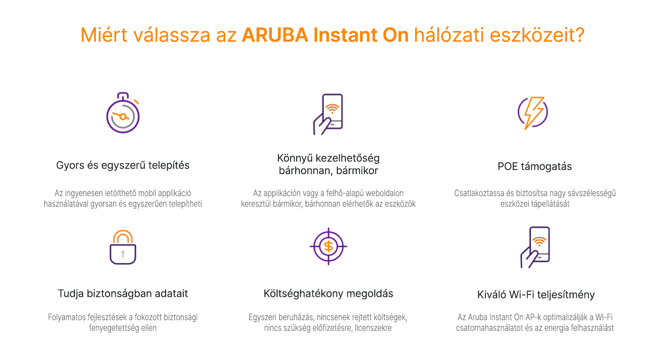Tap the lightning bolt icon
coord(533,113)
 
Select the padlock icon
coord(123,247)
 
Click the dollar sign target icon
coord(329,246)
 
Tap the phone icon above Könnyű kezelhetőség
coord(329,114)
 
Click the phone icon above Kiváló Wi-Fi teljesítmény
coord(535,247)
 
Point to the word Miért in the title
coord(104,35)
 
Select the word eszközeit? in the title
coord(537,35)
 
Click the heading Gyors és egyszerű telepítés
coord(122,165)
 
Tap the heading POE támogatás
coord(535,167)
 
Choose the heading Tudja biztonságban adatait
coord(122,294)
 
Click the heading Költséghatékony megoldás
coord(329,294)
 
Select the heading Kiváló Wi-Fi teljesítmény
coord(536,295)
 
